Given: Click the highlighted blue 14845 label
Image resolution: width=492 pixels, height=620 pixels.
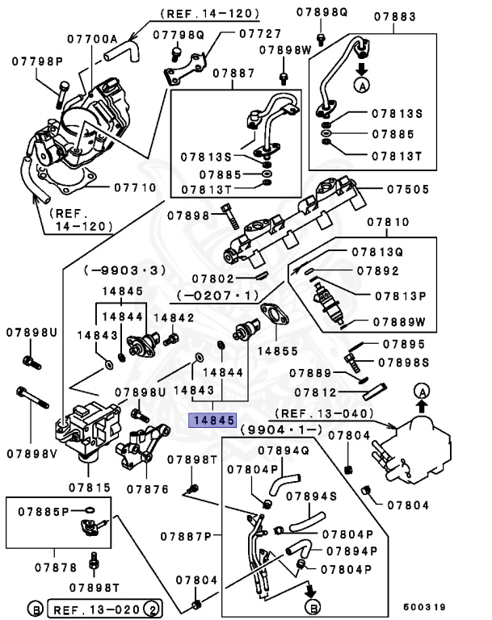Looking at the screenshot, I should (212, 420).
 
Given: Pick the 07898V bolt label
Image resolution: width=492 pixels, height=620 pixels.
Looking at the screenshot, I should (32, 452).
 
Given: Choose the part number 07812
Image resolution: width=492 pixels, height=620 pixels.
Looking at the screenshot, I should (313, 392).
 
